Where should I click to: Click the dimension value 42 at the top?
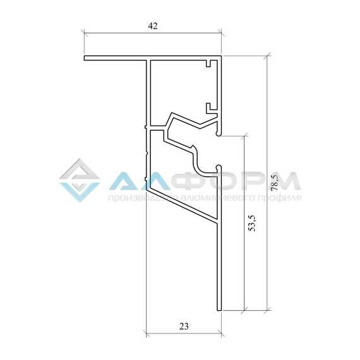pos(153,26)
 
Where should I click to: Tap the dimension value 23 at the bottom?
pos(184,326)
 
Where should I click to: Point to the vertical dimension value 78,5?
pos(275,182)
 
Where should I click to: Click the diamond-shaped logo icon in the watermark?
pos(80,180)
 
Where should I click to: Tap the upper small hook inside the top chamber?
pos(210,63)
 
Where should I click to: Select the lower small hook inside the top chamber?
pos(210,109)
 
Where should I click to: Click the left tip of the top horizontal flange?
pos(84,58)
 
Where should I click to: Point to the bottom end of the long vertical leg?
pos(219,310)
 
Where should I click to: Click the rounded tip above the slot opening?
pos(219,133)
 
